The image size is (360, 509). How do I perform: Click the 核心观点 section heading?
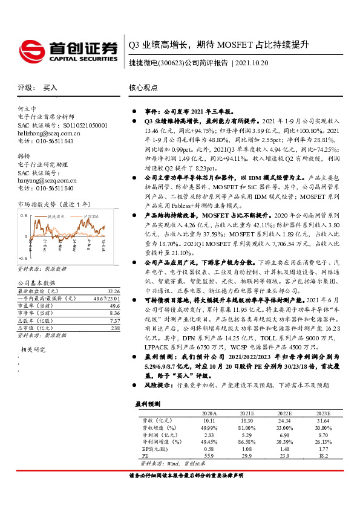click(143, 88)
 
